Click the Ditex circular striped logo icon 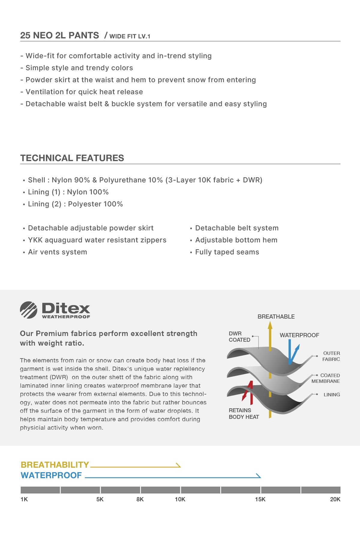(x=28, y=310)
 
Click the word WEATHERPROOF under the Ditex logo (x=66, y=316)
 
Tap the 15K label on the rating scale (x=260, y=499)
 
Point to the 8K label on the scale (x=140, y=499)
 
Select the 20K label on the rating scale (x=335, y=499)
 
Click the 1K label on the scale (x=24, y=499)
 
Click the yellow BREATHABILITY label (x=55, y=465)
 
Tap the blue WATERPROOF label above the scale (x=51, y=475)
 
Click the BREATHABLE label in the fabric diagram (x=276, y=316)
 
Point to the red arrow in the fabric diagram (x=248, y=391)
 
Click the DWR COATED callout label (x=239, y=337)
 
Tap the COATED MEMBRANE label (x=326, y=378)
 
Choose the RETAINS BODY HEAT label (x=244, y=413)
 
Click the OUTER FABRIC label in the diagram (x=331, y=356)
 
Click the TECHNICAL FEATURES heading (x=72, y=158)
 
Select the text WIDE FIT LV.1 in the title (x=130, y=36)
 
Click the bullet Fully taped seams (x=227, y=252)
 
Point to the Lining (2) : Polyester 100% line (x=75, y=204)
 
